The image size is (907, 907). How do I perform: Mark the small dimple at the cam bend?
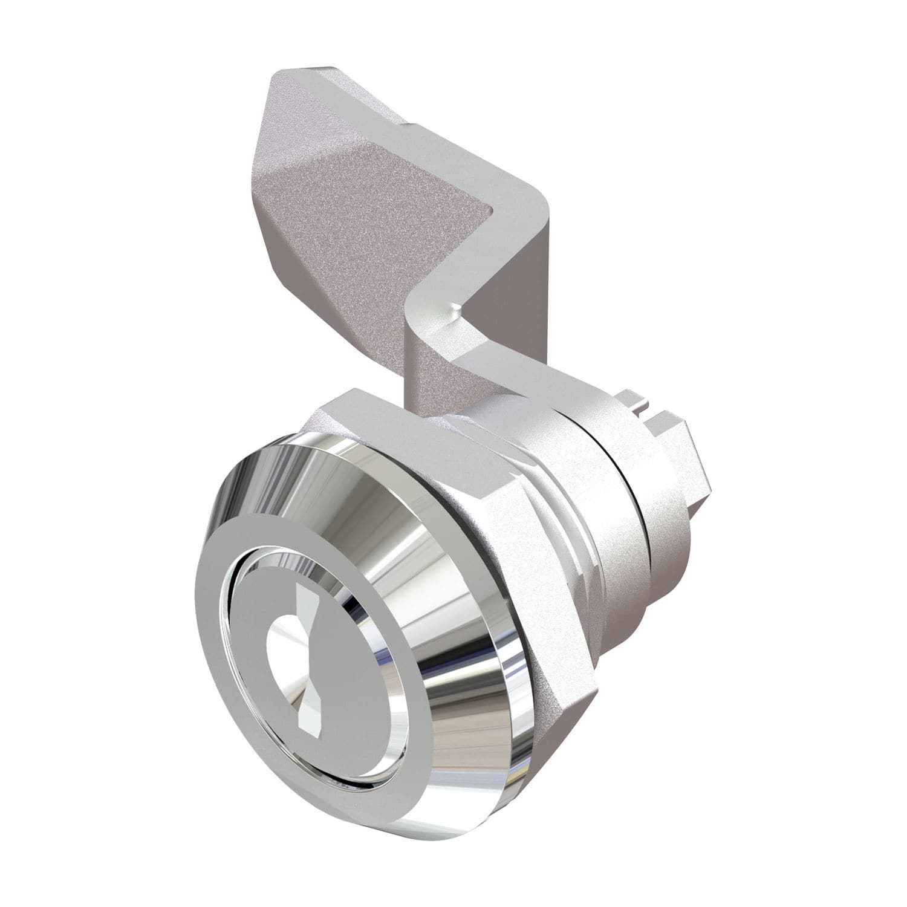click(x=458, y=310)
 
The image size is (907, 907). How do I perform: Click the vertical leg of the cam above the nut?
click(x=432, y=363)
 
